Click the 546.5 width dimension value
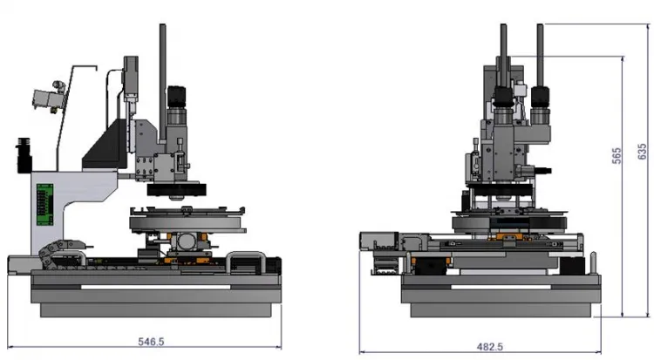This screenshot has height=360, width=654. click(x=151, y=342)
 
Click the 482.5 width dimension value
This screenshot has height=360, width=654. click(x=490, y=347)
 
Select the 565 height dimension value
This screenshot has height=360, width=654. click(x=617, y=156)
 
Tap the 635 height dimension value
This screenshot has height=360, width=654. click(x=643, y=151)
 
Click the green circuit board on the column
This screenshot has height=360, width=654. click(x=45, y=204)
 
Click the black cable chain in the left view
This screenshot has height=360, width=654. click(x=58, y=253)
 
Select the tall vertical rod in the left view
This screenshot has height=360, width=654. click(x=163, y=84)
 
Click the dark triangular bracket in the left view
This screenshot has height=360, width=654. click(x=106, y=144)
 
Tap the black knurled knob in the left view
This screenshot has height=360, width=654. click(x=176, y=97)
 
